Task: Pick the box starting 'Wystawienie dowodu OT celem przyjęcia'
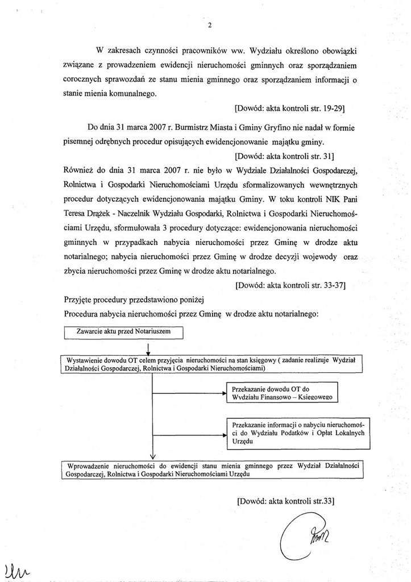(210, 364)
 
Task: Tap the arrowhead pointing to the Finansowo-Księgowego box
(223, 392)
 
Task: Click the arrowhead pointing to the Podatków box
(223, 435)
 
